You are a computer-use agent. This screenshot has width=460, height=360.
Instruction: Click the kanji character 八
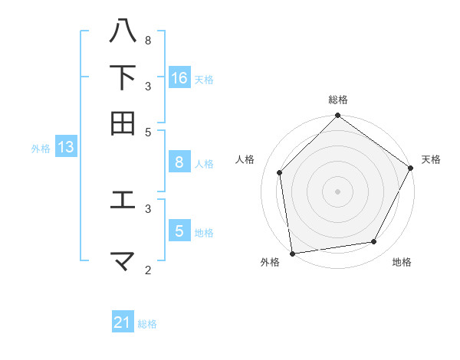[123, 31]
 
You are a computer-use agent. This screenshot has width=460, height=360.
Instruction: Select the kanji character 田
[123, 123]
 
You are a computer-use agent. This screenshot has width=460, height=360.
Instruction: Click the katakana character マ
[123, 260]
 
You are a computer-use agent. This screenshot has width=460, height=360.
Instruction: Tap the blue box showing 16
[179, 78]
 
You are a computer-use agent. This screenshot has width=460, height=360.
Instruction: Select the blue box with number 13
[65, 147]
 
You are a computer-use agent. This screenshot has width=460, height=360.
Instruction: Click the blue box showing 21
[123, 323]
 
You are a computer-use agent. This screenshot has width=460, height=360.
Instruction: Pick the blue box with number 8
[179, 162]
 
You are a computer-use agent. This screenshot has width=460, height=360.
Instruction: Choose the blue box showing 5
[179, 231]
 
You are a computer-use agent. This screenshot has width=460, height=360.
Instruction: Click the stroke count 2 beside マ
[148, 270]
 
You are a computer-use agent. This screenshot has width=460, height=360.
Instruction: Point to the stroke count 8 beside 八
[148, 40]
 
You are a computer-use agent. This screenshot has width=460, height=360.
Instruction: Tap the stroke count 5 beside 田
[148, 131]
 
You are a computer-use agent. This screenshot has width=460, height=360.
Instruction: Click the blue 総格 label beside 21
[147, 324]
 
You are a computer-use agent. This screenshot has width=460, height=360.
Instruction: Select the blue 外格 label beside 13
[41, 149]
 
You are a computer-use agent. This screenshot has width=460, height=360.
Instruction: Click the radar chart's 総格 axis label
[338, 100]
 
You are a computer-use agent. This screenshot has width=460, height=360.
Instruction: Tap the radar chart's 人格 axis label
[245, 159]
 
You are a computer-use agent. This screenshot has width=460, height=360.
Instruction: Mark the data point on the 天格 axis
[411, 168]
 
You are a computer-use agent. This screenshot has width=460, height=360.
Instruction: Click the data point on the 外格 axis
[292, 253]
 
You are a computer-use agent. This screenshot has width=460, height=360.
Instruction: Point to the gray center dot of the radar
[337, 191]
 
